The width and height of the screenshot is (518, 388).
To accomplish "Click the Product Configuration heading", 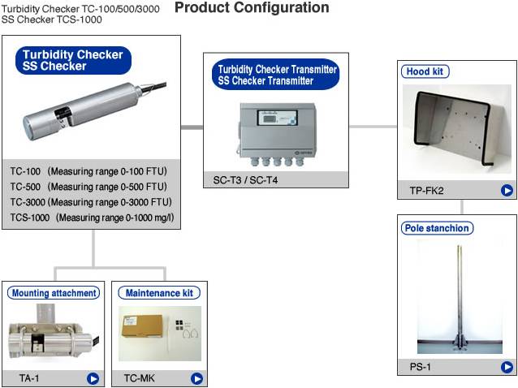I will [253, 8].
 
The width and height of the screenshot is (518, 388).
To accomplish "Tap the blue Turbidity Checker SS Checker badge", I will [73, 60].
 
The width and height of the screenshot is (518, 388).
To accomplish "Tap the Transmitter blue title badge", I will [275, 75].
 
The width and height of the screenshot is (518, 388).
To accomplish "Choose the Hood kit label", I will [425, 71].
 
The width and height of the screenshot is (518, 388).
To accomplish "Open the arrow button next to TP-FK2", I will [507, 192].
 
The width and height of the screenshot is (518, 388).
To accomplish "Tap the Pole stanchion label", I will [437, 228].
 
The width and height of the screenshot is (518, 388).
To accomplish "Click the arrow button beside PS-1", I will [507, 368].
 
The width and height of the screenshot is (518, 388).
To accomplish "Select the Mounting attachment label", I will [54, 293].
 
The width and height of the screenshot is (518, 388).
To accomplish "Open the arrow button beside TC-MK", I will [196, 378].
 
